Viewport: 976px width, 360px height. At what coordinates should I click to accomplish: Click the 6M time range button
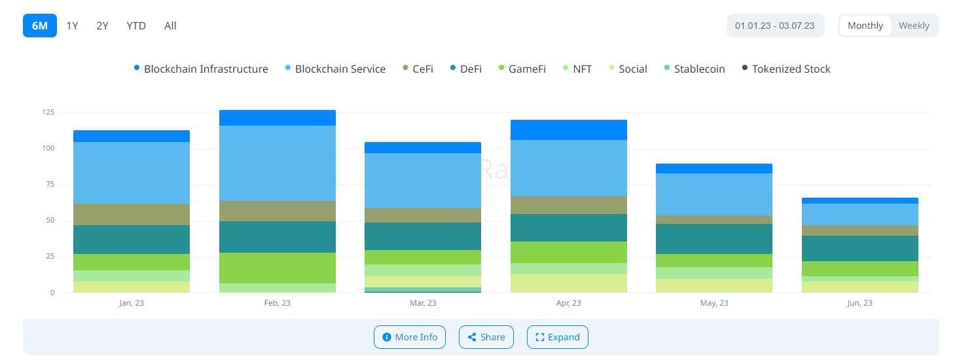[x=40, y=26]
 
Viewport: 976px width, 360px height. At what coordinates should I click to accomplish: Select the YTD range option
[x=136, y=26]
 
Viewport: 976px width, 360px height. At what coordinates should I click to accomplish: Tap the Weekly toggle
[x=914, y=26]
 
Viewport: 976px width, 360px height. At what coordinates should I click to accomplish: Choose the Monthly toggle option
[x=865, y=26]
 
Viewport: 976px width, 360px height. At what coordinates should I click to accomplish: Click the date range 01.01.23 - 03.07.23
[x=774, y=26]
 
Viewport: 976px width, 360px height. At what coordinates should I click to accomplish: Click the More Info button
[x=410, y=337]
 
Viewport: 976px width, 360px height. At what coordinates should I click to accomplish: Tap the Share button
[x=486, y=337]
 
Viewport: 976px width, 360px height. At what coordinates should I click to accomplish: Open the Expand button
[x=558, y=337]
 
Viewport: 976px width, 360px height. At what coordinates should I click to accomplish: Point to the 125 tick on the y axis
[x=48, y=113]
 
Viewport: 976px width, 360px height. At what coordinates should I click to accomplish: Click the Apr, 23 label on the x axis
[x=568, y=303]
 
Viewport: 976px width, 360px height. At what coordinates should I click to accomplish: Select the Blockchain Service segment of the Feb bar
[x=278, y=163]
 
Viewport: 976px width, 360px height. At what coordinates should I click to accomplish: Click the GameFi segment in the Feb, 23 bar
[x=278, y=268]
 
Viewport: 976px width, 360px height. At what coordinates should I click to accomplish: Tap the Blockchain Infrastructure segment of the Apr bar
[x=568, y=130]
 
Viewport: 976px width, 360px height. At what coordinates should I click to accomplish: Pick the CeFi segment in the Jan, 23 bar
[x=132, y=214]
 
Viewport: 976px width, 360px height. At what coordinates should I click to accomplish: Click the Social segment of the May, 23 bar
[x=714, y=285]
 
